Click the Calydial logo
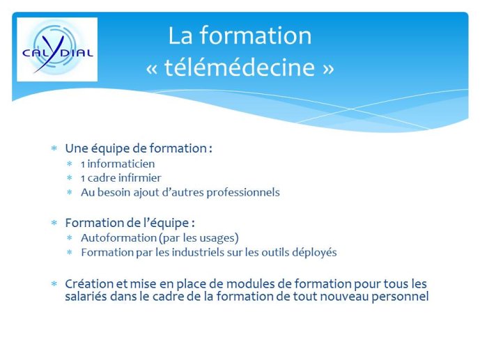click(57, 49)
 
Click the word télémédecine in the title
click(240, 67)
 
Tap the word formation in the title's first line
click(256, 36)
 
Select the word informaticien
click(121, 164)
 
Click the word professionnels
click(243, 193)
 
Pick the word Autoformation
click(118, 238)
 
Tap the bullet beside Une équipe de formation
click(54, 148)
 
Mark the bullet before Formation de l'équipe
click(54, 223)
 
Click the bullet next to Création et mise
click(54, 284)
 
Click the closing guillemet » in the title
click(328, 69)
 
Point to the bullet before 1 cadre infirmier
click(70, 178)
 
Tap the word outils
click(275, 253)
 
